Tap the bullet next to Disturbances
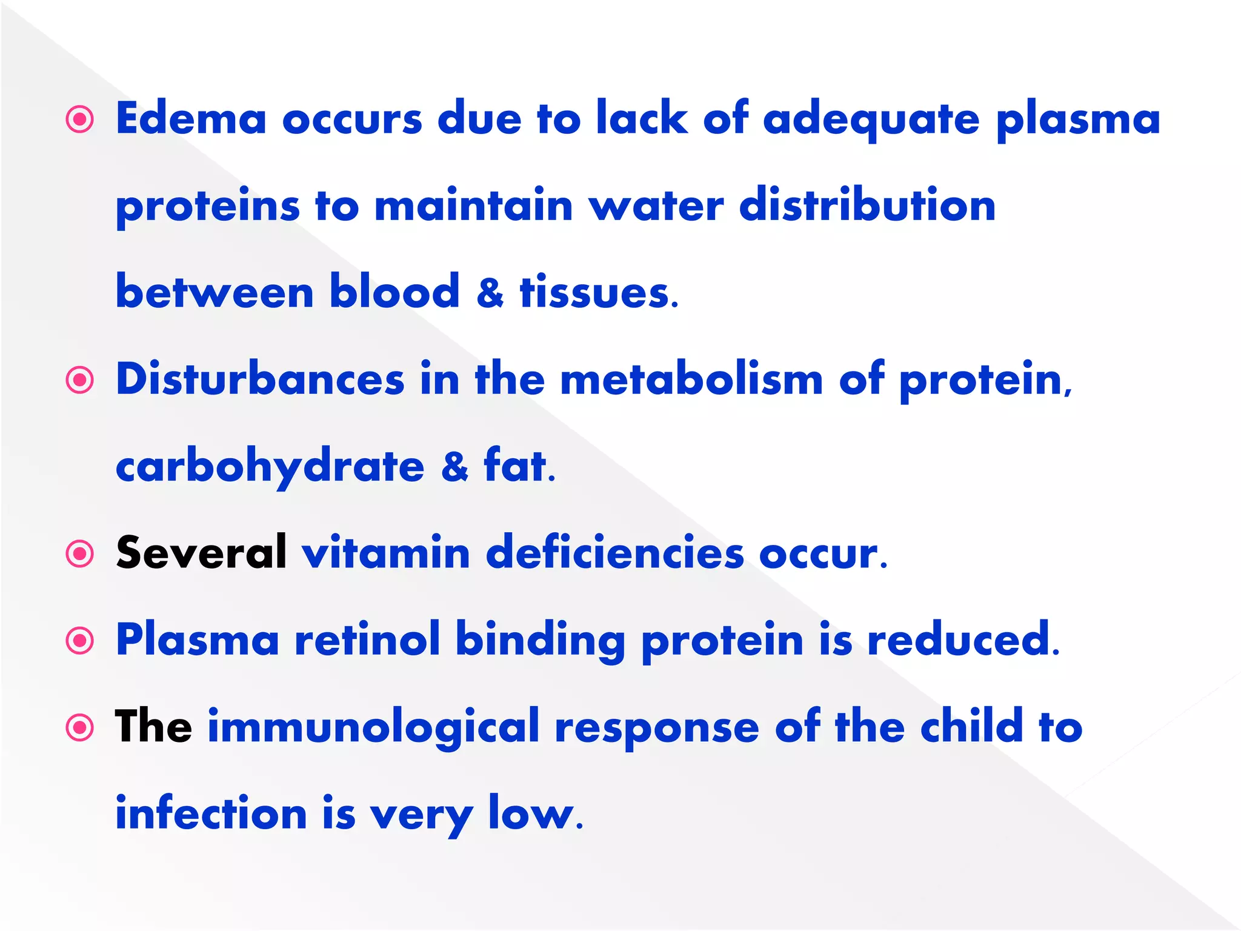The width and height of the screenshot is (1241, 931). (80, 380)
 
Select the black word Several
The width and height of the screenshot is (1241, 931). (201, 553)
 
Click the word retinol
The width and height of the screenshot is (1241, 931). (367, 639)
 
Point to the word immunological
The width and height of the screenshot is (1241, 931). (373, 727)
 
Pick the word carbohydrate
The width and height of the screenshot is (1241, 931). (270, 467)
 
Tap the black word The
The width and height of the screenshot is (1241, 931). (153, 727)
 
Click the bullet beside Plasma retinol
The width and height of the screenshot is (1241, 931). (80, 641)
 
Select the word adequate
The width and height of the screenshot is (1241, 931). (871, 119)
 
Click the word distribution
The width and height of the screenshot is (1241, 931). (867, 205)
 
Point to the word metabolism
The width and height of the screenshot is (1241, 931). (691, 379)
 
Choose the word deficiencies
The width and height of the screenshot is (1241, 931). (614, 553)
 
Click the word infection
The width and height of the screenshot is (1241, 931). (211, 813)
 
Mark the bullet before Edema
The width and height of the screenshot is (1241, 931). (80, 119)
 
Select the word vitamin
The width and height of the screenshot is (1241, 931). (386, 553)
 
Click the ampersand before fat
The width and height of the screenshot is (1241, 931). (454, 467)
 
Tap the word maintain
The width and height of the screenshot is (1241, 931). (473, 205)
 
